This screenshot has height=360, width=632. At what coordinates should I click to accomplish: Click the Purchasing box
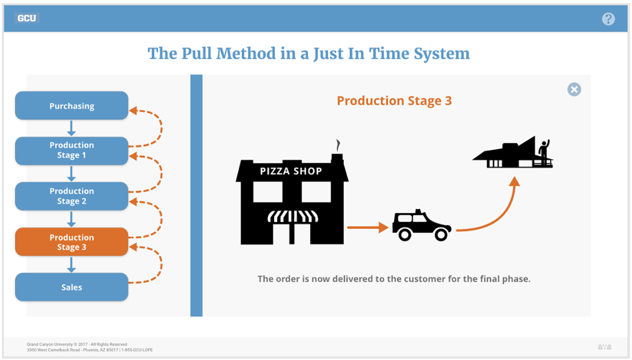[x=71, y=106]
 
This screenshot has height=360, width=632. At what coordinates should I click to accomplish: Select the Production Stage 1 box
[x=71, y=150]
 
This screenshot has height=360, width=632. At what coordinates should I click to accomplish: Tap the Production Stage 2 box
[x=71, y=196]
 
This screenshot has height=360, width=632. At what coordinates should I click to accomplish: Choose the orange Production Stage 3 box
[x=71, y=242]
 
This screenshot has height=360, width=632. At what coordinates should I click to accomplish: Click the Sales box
[x=71, y=287]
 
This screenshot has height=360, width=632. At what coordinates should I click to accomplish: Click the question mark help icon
[x=608, y=19]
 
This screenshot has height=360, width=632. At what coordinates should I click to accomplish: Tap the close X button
[x=574, y=90]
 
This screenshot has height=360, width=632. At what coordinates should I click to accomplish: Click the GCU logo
[x=27, y=18]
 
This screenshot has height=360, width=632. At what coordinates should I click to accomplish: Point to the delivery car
[x=421, y=226]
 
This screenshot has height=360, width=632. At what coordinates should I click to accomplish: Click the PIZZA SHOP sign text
[x=291, y=171]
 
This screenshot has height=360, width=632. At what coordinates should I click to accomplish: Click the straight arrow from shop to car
[x=367, y=228]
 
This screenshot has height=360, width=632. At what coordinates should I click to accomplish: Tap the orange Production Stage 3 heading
[x=394, y=101]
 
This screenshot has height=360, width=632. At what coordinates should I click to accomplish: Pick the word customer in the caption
[x=425, y=279]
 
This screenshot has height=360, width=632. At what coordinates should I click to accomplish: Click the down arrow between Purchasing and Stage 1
[x=71, y=128]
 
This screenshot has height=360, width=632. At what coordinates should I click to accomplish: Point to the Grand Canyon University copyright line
[x=77, y=344]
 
